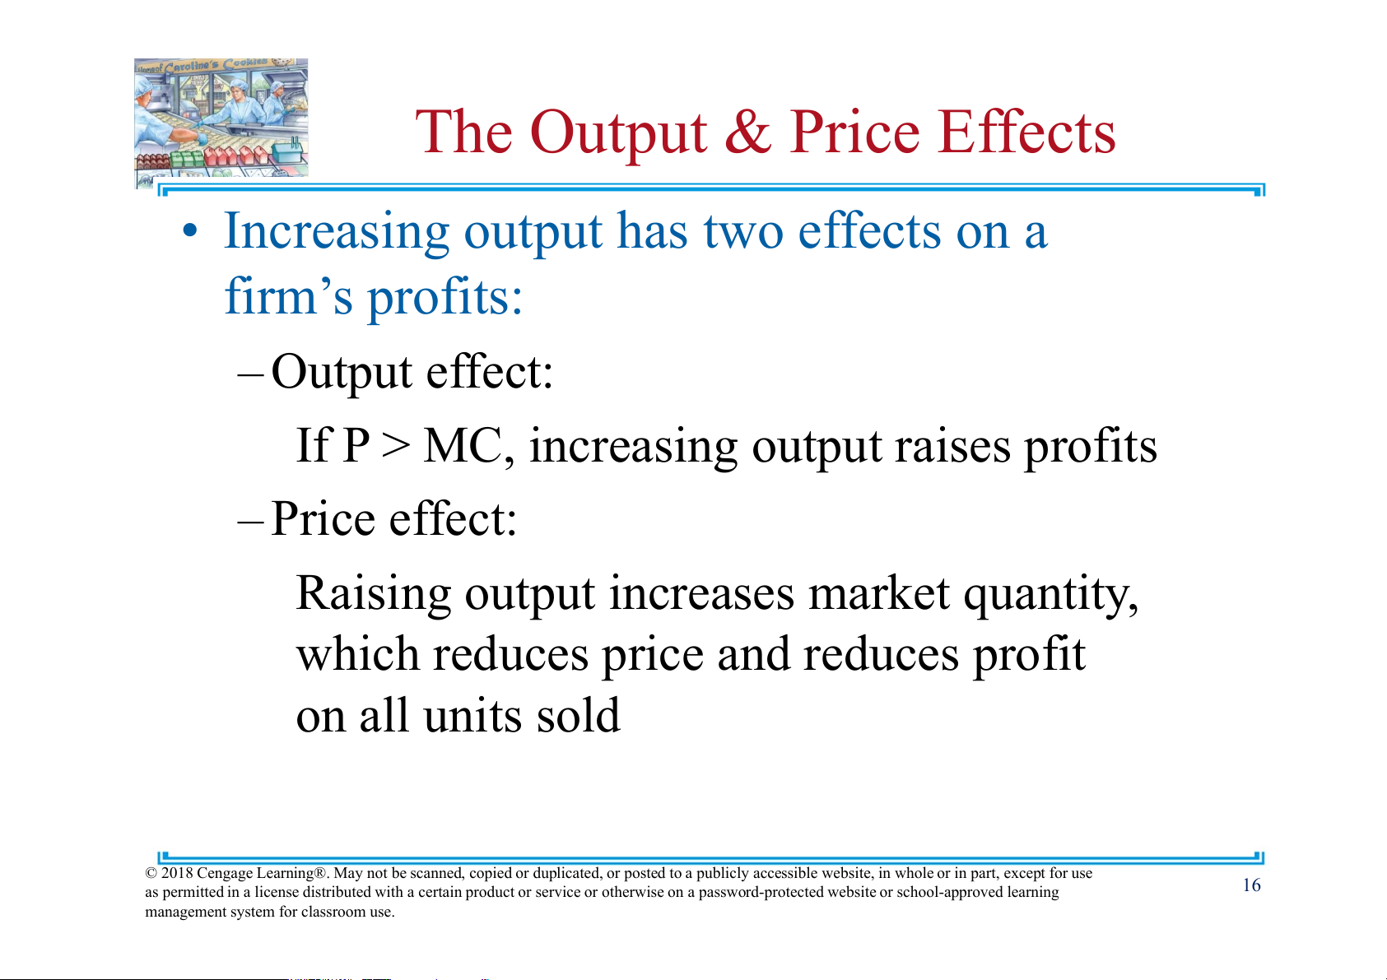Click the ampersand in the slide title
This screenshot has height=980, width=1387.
[748, 132]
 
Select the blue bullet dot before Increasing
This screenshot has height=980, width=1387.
[190, 232]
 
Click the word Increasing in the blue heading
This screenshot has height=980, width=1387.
[336, 233]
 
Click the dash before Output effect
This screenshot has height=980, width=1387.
[251, 375]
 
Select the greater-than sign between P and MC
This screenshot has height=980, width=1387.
[396, 445]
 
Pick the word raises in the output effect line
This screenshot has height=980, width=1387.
[953, 446]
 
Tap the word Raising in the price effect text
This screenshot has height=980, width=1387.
[374, 594]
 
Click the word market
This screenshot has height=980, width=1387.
[879, 593]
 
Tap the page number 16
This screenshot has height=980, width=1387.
[1251, 885]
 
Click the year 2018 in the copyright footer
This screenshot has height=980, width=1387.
[176, 873]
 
